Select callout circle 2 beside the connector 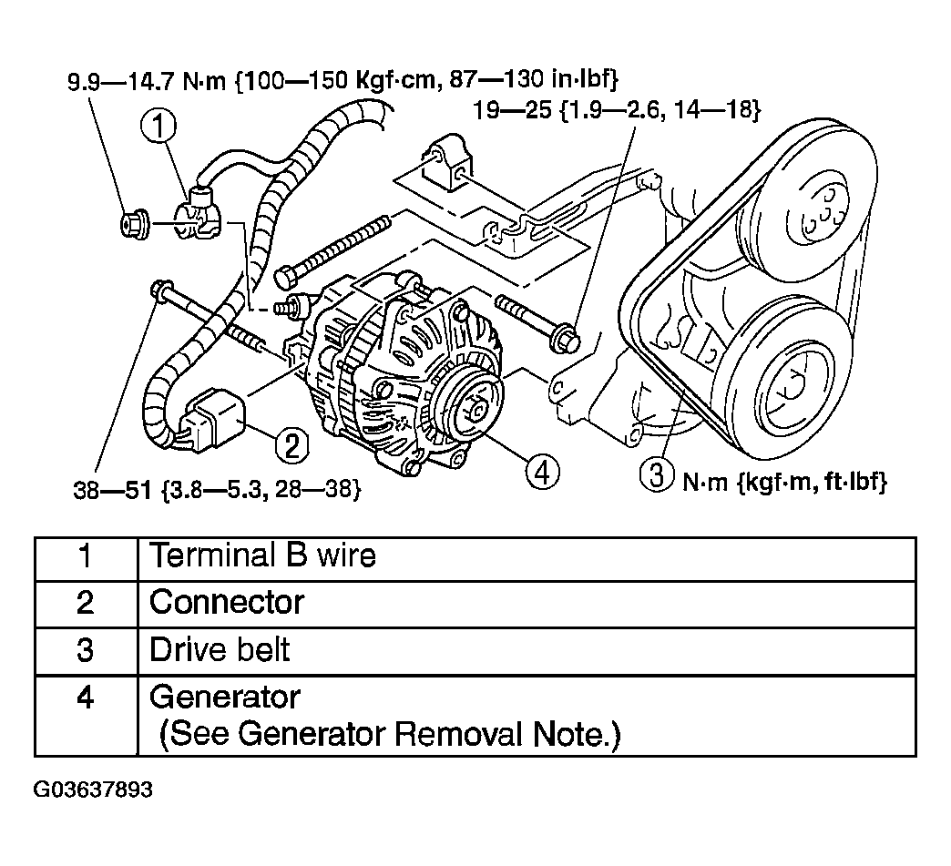point(292,445)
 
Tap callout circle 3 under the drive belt point(662,477)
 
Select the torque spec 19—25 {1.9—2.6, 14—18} point(617,110)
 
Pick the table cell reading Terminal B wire point(262,555)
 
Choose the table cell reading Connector point(227,602)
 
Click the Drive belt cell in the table point(220,650)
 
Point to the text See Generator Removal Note point(389,735)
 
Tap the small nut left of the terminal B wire point(133,222)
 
